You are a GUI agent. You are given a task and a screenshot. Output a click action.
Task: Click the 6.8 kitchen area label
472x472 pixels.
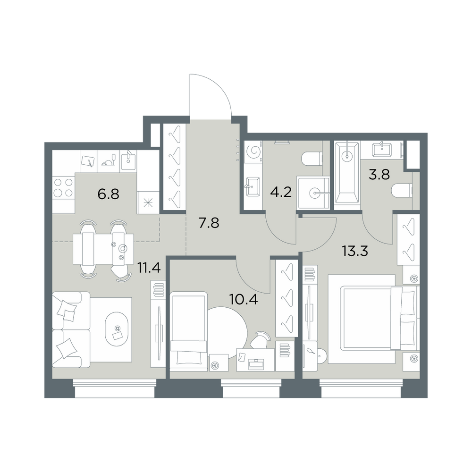coord(109,194)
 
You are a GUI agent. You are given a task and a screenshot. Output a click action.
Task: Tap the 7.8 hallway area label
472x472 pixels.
coord(209,223)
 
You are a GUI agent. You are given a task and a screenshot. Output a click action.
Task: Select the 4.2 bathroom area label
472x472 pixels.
coord(281,192)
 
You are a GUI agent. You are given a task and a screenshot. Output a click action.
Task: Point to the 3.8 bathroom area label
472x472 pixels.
coord(379,174)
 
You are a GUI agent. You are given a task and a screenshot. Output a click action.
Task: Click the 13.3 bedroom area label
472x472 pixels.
coord(355,251)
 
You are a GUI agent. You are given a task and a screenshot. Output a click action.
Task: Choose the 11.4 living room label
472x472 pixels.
coord(149,267)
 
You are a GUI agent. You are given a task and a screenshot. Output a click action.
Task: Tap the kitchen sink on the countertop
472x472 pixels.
coord(128,161)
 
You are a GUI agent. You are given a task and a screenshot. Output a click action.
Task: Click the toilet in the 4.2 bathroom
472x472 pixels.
coord(312,159)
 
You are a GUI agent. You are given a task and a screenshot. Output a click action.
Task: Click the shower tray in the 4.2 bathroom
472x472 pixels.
coord(313,193)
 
